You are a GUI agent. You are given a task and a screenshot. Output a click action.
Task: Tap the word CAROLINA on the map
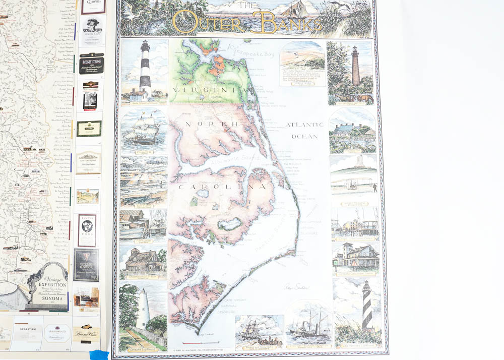tap(222, 187)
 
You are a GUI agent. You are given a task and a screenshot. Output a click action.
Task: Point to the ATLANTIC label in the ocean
tap(304, 124)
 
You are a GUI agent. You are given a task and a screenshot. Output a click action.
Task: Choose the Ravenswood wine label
tap(87, 230)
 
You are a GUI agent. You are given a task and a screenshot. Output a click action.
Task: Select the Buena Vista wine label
tap(86, 333)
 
